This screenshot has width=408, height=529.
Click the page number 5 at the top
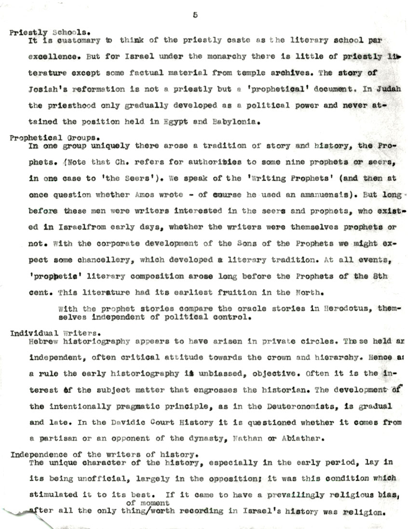(x=195, y=15)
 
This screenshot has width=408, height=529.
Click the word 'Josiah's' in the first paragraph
(x=45, y=90)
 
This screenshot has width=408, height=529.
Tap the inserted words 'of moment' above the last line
(x=145, y=503)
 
